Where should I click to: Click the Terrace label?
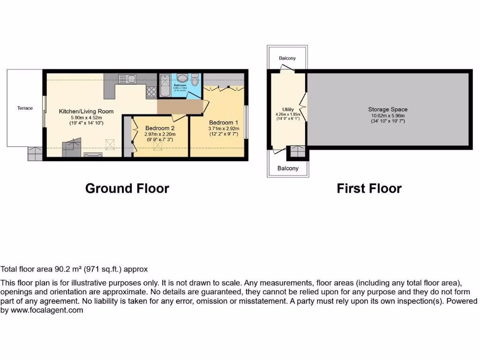pos(25,108)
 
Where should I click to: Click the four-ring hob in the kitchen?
pos(152,92)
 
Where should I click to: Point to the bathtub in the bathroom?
pos(165,85)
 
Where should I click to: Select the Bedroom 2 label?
pos(160,128)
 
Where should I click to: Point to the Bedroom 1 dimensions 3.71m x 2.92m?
pos(224,129)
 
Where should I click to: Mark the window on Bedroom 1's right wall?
pos(247,122)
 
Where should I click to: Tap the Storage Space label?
pos(388,110)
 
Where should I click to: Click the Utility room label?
pos(288,109)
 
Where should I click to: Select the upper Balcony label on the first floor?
pos(287,58)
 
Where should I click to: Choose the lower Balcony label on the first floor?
pos(288,168)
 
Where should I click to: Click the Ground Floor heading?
pos(127,188)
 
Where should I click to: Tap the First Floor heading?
pos(369,188)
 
